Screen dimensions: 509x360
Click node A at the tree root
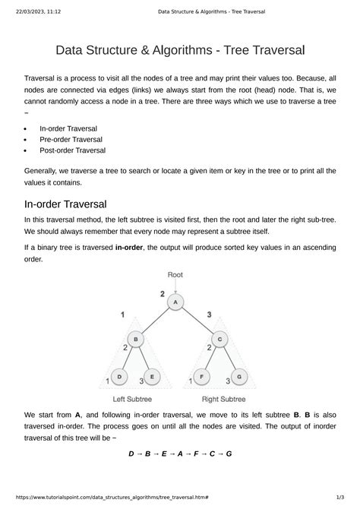tap(176, 303)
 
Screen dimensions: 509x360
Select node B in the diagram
tap(135, 339)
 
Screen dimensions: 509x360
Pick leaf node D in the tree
tap(118, 376)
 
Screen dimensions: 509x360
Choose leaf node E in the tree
tap(152, 376)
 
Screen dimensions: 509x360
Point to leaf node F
tap(201, 376)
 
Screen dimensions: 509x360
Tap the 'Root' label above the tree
tap(175, 274)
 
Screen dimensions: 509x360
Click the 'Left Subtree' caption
tap(134, 398)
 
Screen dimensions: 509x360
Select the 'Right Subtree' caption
tap(223, 398)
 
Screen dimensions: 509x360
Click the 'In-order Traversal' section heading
tap(70, 204)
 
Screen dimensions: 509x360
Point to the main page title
tap(180, 51)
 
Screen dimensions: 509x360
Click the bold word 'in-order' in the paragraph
tap(131, 248)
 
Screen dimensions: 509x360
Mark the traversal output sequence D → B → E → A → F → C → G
tap(180, 454)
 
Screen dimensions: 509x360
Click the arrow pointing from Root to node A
tap(176, 287)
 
